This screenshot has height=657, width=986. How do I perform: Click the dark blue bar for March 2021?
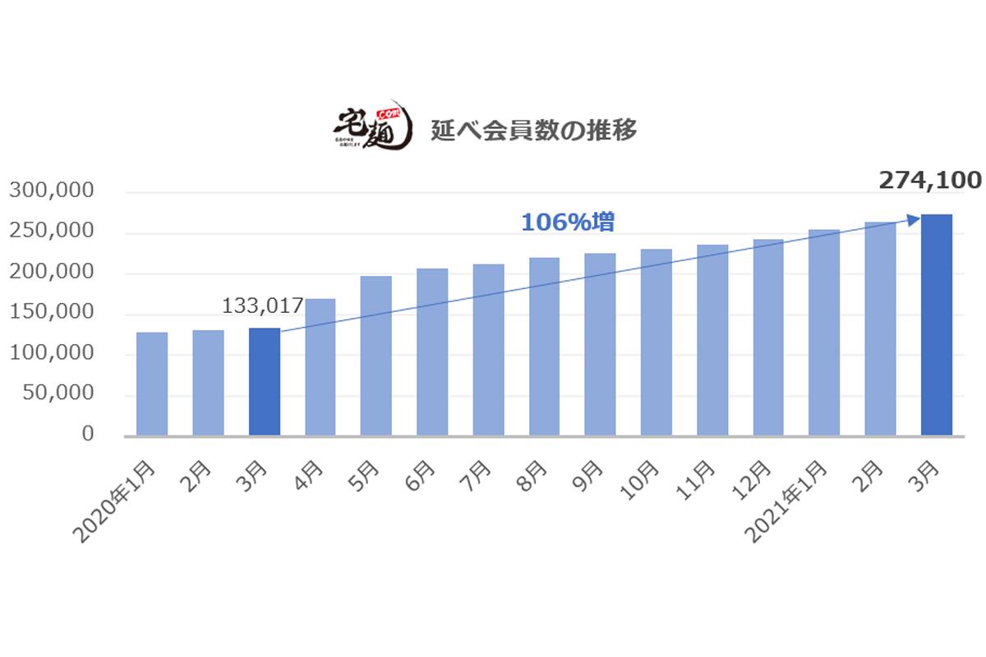[x=936, y=325]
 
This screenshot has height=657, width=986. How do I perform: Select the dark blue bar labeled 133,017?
[x=264, y=382]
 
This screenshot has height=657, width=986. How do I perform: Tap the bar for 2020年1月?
[x=152, y=384]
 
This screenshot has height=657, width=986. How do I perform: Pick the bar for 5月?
[x=376, y=356]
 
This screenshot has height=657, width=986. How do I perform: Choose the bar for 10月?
[x=657, y=342]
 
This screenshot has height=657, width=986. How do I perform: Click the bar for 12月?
[x=768, y=337]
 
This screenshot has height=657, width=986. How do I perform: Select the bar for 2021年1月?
[x=824, y=332]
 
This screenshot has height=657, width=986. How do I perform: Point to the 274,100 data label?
[x=930, y=181]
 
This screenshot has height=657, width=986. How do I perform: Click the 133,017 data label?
[x=263, y=307]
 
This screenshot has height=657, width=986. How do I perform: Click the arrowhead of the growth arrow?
[x=914, y=218]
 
